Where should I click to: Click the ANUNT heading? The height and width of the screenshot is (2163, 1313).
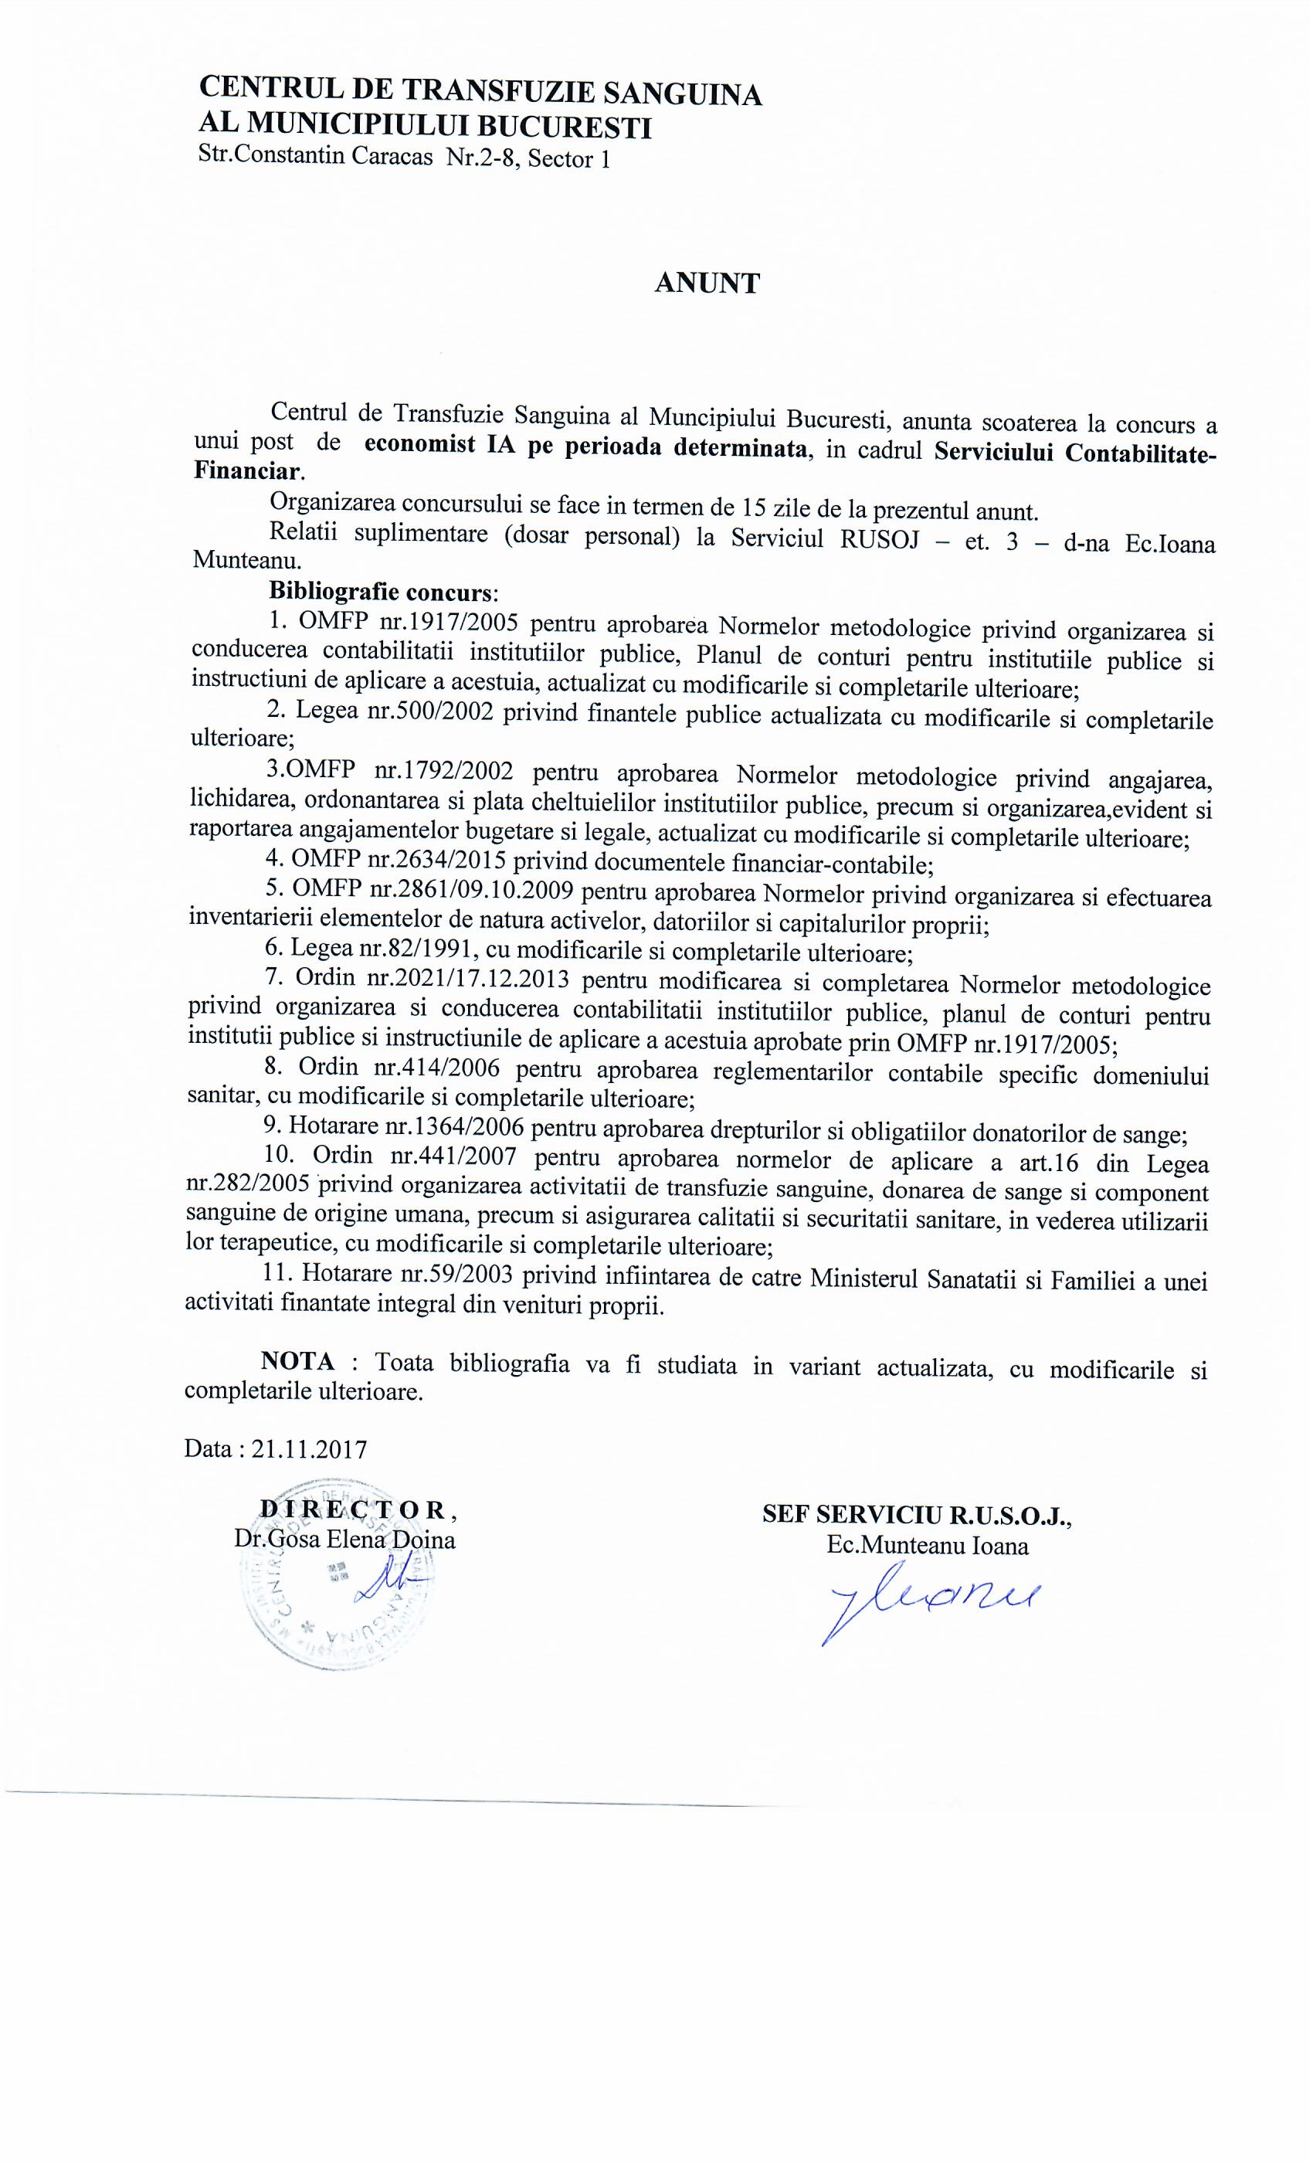click(707, 284)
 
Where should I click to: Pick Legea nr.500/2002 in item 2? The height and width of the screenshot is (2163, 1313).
click(394, 711)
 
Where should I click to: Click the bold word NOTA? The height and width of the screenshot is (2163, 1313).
click(297, 1360)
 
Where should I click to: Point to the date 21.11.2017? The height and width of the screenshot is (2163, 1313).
click(308, 1448)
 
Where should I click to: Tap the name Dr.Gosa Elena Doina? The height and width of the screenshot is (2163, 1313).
click(344, 1540)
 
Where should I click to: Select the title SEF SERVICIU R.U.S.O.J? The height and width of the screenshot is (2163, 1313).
click(915, 1514)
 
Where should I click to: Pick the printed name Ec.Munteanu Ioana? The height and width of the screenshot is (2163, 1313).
click(927, 1545)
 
